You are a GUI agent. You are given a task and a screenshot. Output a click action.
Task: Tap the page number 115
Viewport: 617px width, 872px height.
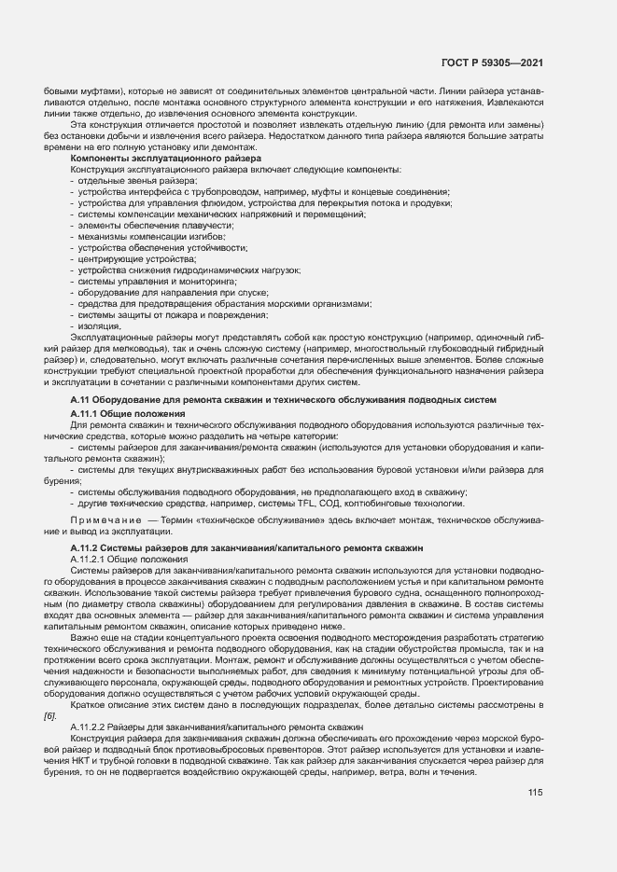pos(536,794)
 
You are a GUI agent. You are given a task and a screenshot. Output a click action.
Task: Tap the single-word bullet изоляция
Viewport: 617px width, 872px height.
pos(100,325)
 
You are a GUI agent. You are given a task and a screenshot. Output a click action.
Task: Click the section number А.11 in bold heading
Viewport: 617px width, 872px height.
pos(82,400)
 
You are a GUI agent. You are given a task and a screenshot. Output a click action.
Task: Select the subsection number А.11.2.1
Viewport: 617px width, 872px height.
pos(91,559)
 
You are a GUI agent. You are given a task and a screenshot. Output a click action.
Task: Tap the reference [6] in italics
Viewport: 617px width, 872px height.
pos(49,715)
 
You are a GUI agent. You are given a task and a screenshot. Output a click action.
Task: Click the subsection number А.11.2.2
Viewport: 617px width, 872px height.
pos(91,727)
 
